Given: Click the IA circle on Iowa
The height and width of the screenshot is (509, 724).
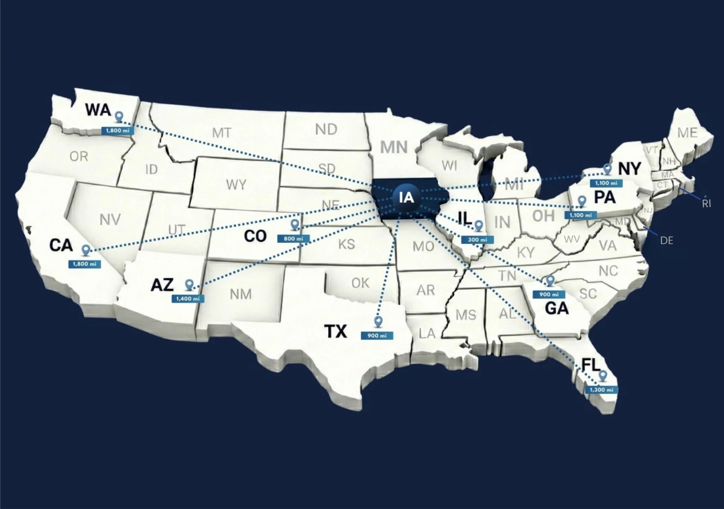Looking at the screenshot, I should [406, 197].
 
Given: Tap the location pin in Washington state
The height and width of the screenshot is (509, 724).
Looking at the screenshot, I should [119, 117].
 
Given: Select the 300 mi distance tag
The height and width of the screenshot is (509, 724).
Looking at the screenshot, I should [477, 240].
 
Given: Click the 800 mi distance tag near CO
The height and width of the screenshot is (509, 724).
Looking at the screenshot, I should [293, 239].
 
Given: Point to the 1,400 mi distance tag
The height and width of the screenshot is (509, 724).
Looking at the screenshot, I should [188, 299].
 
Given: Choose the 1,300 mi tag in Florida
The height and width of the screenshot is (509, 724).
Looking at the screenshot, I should [601, 390].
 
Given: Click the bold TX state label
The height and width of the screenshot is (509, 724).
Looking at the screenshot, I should [335, 331].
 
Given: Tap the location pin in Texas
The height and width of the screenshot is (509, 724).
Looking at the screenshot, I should [378, 321].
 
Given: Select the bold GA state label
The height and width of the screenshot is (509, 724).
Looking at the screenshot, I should [557, 308].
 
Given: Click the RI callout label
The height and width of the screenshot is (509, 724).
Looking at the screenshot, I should [706, 203].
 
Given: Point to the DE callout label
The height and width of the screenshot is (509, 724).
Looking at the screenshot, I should [666, 241].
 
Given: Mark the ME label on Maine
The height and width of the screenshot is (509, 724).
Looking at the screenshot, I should [687, 133].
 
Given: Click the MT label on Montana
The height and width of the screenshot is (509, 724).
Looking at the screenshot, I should [222, 133].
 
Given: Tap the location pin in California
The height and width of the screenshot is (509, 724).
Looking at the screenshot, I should [86, 250].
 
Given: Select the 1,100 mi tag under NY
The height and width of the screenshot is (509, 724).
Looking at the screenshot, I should [606, 183].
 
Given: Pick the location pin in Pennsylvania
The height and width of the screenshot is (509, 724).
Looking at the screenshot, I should [582, 201].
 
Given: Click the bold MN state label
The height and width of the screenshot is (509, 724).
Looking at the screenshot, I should [394, 147].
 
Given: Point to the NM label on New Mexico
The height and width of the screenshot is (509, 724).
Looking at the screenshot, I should [241, 294].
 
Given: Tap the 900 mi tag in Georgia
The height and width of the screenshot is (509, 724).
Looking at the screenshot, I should [549, 294].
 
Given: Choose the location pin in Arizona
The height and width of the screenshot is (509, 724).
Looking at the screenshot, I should [189, 284].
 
